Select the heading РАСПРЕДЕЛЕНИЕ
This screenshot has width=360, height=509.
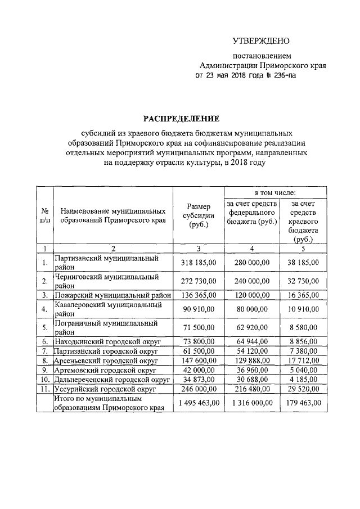click(x=180, y=119)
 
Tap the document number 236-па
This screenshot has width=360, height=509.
click(x=280, y=75)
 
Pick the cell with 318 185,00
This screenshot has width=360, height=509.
click(x=199, y=262)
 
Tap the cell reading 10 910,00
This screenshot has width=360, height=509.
click(x=300, y=309)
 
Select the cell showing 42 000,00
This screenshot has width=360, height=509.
click(x=199, y=370)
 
